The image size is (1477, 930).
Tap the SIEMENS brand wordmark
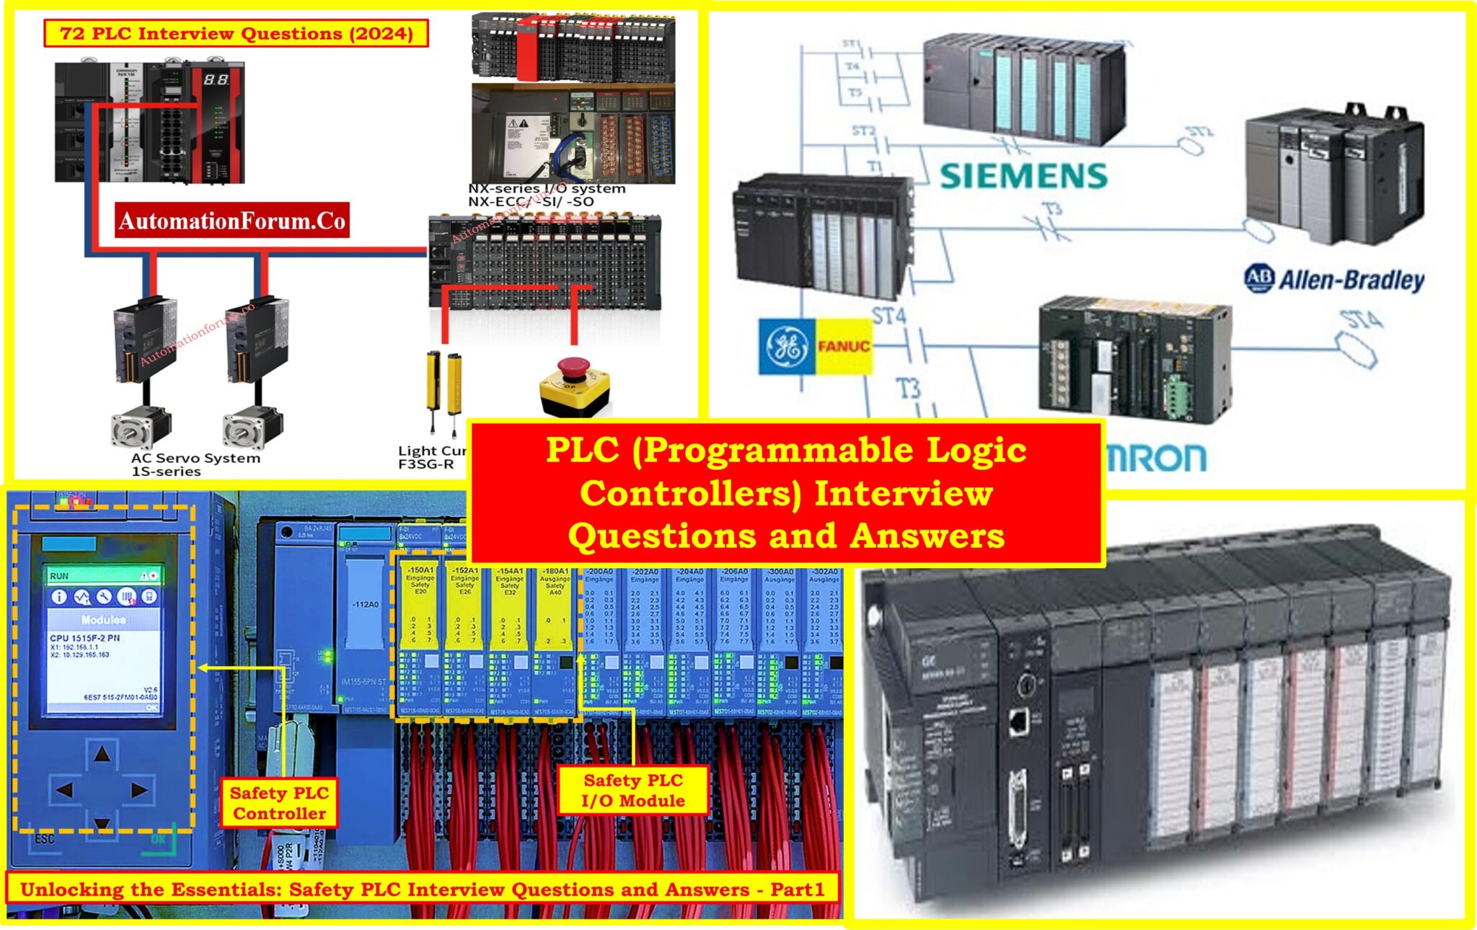pos(1023,176)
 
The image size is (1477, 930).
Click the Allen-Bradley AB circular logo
pos(1259,279)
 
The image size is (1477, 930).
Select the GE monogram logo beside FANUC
pos(786,347)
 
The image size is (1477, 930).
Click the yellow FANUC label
pos(843,347)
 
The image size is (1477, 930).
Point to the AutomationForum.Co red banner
pos(232,221)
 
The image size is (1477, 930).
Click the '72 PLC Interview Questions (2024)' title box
pos(237,33)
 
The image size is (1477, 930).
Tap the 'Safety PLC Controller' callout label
pos(279,803)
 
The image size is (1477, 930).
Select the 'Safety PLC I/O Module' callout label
pos(632,790)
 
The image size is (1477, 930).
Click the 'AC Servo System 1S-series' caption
pos(195,464)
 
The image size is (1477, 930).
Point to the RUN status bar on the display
pos(103,576)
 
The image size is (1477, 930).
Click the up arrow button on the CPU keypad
pos(102,754)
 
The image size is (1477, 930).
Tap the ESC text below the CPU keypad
pos(45,839)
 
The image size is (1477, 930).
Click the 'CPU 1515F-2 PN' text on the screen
pos(84,638)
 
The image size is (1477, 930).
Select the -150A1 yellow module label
pos(420,571)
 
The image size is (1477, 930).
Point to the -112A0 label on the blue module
pos(365,604)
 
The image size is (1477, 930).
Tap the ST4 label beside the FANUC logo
pos(889,316)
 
